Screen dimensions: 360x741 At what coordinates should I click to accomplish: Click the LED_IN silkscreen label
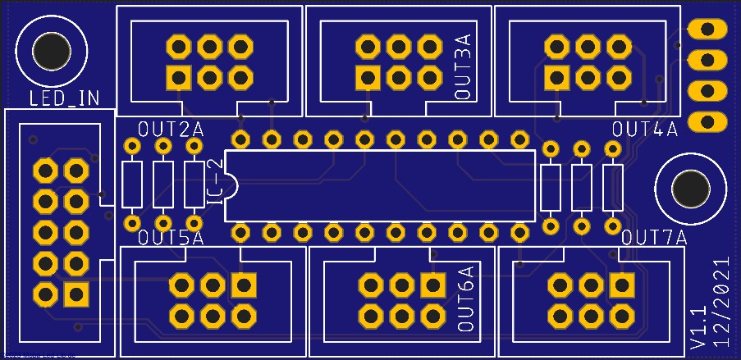[64, 99]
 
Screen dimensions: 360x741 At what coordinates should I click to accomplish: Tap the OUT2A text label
[171, 130]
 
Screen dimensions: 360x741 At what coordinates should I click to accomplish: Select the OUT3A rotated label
[464, 68]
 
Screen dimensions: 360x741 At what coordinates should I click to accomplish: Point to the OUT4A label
[645, 130]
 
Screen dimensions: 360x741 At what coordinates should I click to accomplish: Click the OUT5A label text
[171, 239]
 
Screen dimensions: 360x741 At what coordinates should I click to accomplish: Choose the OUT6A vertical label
[465, 298]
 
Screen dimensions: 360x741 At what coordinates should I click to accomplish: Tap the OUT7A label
[653, 239]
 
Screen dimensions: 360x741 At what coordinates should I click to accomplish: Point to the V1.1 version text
[698, 326]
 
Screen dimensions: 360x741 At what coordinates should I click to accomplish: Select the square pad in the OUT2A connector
[178, 77]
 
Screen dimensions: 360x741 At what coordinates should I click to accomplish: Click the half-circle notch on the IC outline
[231, 186]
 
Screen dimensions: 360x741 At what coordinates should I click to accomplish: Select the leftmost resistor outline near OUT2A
[131, 185]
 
